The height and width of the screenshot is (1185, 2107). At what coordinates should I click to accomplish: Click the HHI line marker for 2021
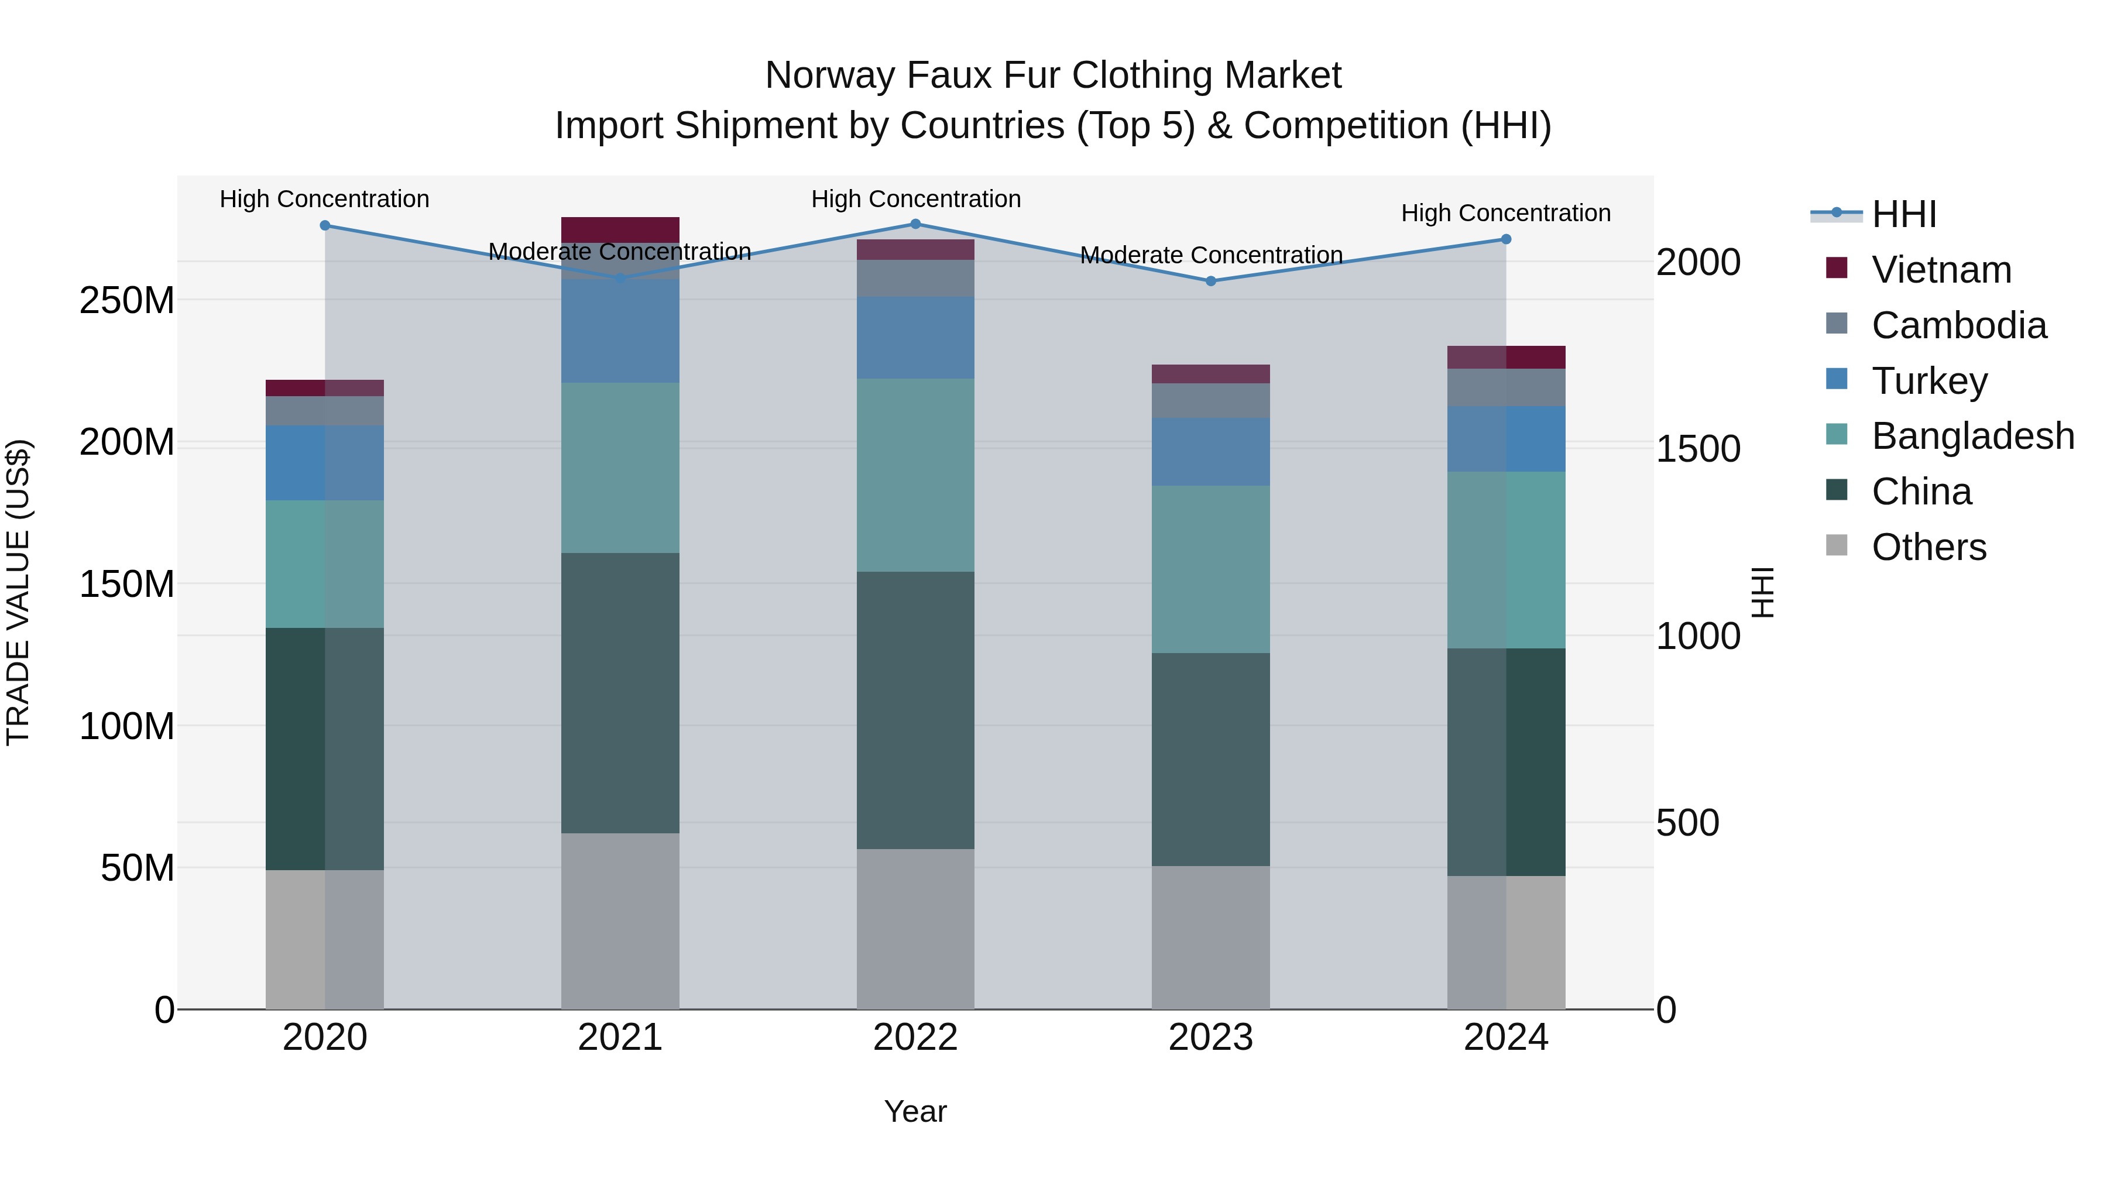(620, 279)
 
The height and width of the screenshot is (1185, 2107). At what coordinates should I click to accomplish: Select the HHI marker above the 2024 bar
(1506, 239)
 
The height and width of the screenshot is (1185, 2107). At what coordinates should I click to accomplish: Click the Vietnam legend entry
(1941, 270)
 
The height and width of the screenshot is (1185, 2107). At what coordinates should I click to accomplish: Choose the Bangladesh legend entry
(1972, 436)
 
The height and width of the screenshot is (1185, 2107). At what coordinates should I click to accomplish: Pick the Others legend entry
(1928, 547)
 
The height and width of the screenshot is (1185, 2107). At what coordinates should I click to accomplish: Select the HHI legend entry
(1903, 214)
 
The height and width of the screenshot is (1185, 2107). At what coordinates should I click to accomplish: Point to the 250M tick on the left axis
(127, 301)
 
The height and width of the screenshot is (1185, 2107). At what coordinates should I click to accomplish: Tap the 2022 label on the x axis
(915, 1038)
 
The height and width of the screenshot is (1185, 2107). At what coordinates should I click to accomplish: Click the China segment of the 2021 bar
(620, 693)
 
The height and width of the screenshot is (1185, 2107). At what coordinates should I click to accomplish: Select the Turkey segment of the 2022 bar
(915, 337)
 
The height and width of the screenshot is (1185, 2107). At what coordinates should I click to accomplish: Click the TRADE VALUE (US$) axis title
(18, 592)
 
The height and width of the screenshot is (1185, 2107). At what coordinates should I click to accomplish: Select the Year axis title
(915, 1111)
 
